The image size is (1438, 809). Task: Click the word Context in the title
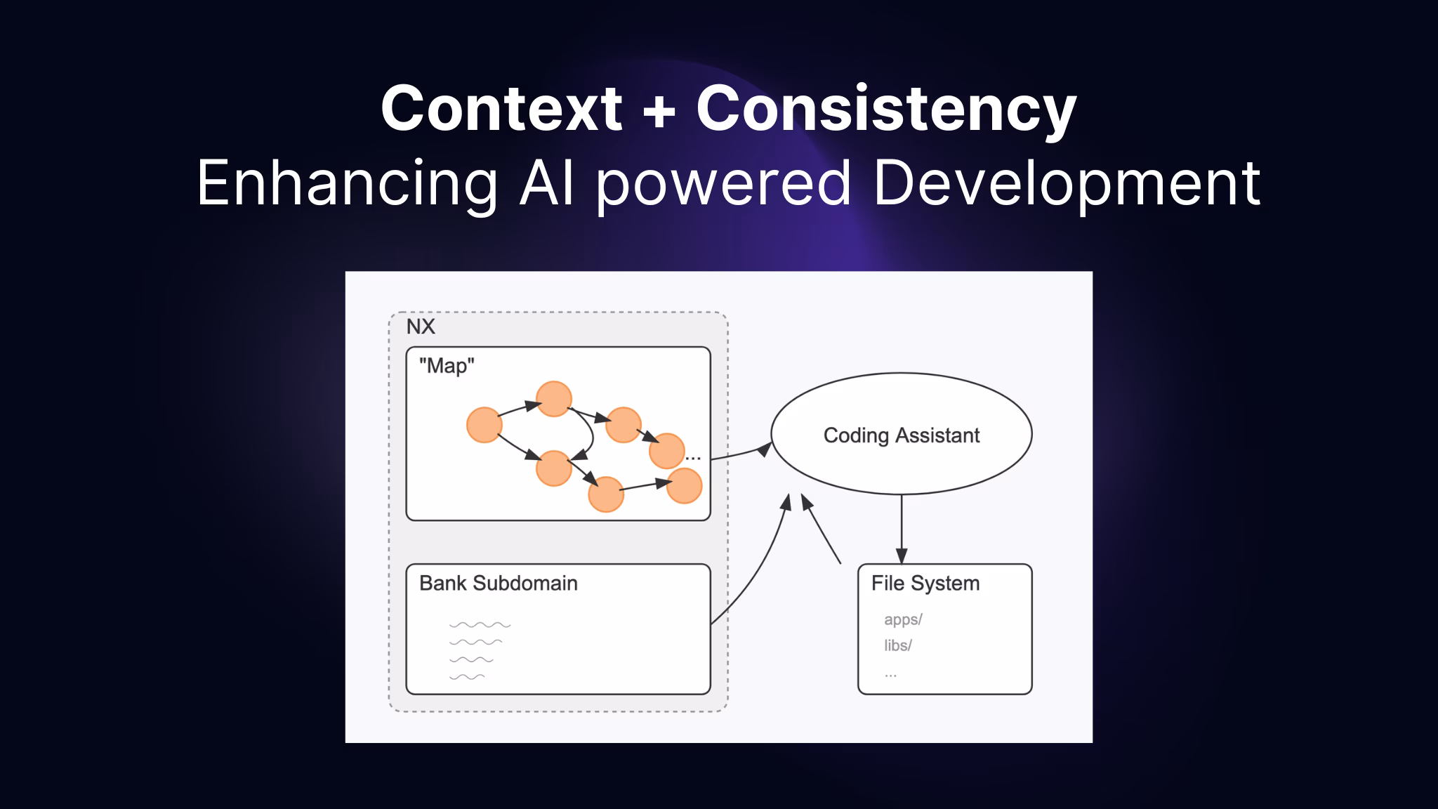[501, 108]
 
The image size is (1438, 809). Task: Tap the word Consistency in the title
[886, 108]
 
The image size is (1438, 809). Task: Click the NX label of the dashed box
[421, 327]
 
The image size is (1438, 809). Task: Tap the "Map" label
[447, 366]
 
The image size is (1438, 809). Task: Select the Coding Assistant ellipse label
[901, 435]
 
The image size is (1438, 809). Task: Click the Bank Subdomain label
[498, 584]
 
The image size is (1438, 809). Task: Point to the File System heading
[925, 584]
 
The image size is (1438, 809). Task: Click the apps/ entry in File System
[903, 619]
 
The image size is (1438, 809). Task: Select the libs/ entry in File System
[897, 645]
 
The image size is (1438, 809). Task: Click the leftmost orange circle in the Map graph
[484, 425]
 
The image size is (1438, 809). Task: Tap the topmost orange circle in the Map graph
[553, 399]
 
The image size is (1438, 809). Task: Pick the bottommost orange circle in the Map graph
[606, 494]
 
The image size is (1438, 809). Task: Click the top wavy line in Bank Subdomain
[480, 624]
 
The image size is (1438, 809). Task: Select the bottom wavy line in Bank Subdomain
[467, 677]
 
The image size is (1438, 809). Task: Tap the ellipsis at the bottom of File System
[890, 674]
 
